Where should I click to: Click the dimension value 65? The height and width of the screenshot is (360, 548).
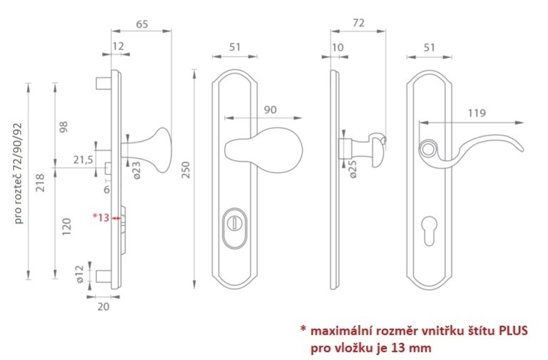pos(142,24)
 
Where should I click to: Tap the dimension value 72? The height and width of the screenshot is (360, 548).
pos(359,23)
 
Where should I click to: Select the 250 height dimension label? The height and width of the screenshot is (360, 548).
pos(186,170)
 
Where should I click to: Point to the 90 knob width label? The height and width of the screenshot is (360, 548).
pos(270,110)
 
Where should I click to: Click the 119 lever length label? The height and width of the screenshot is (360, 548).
pos(477,113)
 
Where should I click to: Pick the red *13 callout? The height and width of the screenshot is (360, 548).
pos(101,217)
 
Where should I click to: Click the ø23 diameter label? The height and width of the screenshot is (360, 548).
pos(137,170)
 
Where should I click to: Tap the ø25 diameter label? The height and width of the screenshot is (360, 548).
pos(352,169)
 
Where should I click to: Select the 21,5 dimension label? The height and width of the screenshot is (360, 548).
pos(83,160)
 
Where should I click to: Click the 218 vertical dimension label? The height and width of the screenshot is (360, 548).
pos(41,183)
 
